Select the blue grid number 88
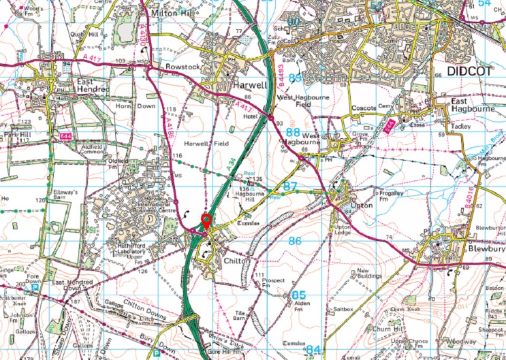pyautogui.click(x=293, y=133)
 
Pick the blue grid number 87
pyautogui.click(x=291, y=186)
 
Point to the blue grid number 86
pyautogui.click(x=295, y=241)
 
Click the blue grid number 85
pyautogui.click(x=298, y=295)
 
